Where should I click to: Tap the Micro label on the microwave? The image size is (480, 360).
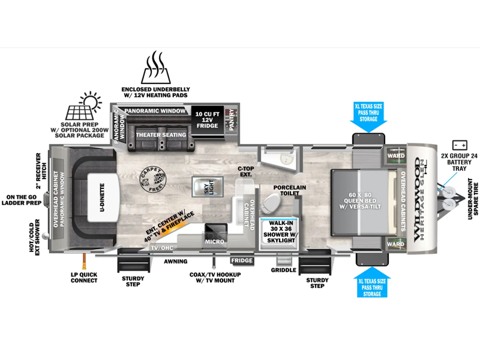coord(215,241)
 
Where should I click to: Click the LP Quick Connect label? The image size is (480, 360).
coord(84,277)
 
